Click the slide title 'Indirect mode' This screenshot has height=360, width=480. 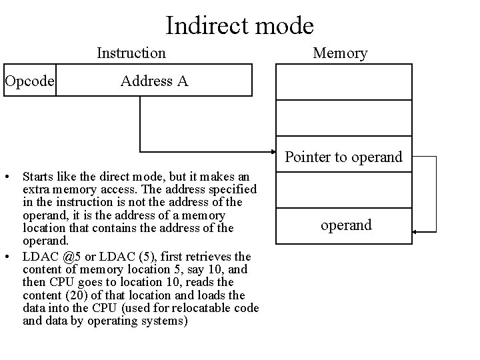click(239, 25)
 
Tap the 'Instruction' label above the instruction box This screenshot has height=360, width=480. click(131, 52)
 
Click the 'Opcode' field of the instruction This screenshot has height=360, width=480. click(28, 81)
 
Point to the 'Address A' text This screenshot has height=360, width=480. click(154, 81)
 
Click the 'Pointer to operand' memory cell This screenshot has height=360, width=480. click(343, 157)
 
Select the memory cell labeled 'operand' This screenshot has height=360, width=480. click(346, 225)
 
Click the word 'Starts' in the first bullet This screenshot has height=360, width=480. click(37, 177)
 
